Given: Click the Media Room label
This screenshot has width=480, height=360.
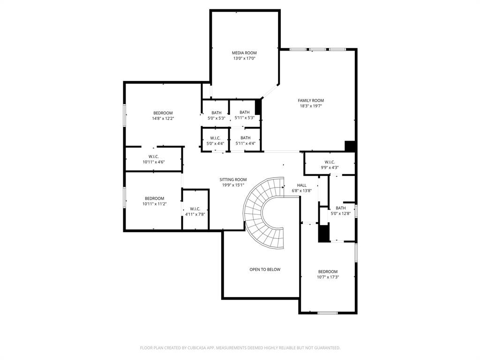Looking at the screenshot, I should point(244,53).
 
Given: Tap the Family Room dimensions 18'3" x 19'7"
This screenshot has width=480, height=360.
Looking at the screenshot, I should point(311,106).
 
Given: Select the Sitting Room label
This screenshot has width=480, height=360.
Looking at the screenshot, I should point(233,180).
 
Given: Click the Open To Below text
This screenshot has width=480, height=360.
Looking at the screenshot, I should point(265,270).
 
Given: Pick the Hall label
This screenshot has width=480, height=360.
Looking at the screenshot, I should point(301,185).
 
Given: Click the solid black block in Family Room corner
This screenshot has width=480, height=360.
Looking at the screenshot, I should point(350,146).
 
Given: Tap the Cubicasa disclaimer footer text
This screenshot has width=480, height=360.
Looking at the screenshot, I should point(240,348).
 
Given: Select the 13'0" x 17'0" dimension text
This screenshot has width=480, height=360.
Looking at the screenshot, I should point(244,59).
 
